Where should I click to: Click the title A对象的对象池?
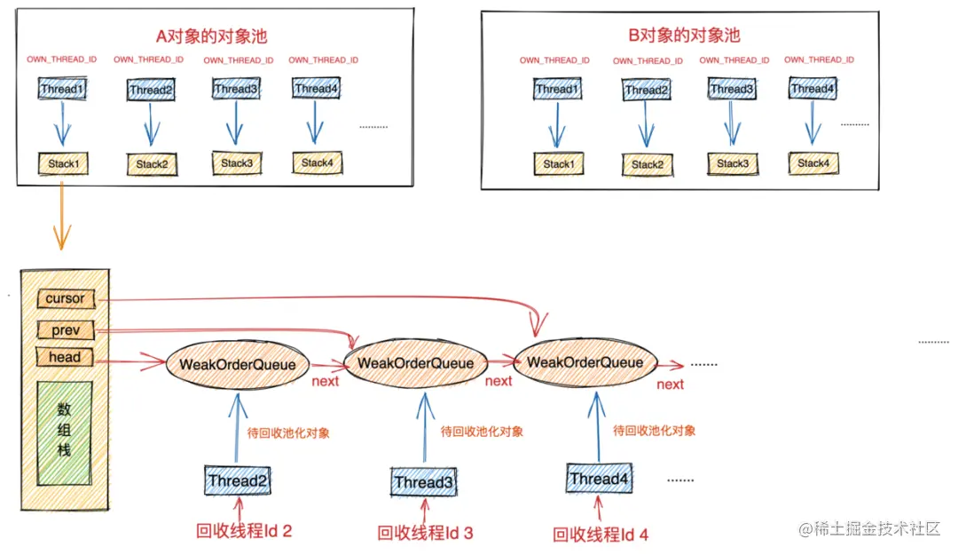coord(211,36)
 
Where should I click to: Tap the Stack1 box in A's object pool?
coord(64,163)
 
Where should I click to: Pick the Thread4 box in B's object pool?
coord(813,89)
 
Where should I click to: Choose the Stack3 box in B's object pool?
coord(732,163)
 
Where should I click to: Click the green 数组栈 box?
coord(64,434)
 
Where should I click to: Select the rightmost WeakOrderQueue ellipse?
coord(585,362)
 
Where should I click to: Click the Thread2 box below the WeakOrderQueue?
coord(238,480)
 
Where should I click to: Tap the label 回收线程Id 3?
coord(425,533)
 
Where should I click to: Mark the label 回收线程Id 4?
coord(601,535)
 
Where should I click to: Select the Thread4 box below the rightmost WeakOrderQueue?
coord(599,480)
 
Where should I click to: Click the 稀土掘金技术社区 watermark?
coord(869,529)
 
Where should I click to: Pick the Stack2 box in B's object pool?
coord(647,164)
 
